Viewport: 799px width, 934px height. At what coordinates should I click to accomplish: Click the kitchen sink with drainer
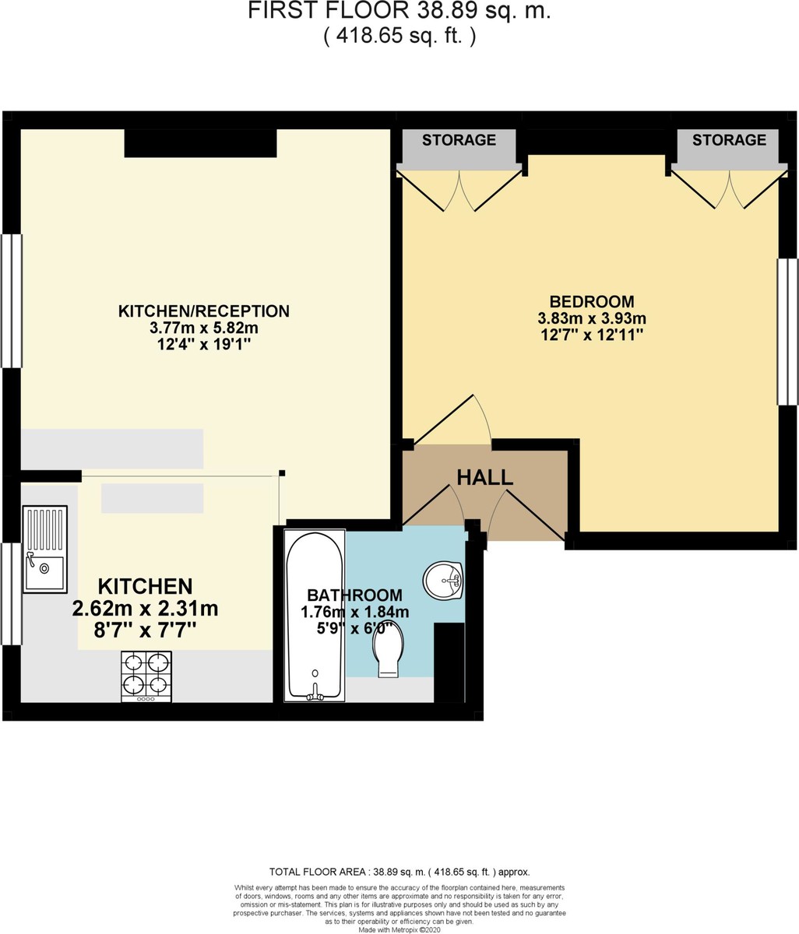tap(44, 549)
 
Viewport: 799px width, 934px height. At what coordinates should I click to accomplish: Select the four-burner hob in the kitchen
tap(146, 675)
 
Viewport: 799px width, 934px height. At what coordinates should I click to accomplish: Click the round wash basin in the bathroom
tap(443, 579)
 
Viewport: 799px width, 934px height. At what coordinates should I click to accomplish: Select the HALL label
tap(484, 478)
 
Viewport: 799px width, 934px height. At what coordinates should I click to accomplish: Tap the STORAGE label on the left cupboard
tap(459, 140)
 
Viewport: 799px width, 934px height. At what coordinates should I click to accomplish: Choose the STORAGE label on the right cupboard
tap(729, 140)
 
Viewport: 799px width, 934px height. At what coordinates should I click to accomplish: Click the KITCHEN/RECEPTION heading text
tap(203, 311)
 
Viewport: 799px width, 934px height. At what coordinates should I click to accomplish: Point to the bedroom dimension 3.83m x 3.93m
tap(591, 318)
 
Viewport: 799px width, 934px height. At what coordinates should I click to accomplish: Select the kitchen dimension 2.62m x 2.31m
tap(145, 609)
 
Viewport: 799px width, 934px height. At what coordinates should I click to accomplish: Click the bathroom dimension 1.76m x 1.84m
tap(354, 613)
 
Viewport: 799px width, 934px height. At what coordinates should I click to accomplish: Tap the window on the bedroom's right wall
tap(787, 332)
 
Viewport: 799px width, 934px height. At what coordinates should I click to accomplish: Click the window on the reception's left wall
tap(11, 300)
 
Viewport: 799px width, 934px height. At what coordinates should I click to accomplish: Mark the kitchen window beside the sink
tap(9, 594)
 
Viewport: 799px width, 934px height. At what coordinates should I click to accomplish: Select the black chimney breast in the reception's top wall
tap(200, 143)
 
